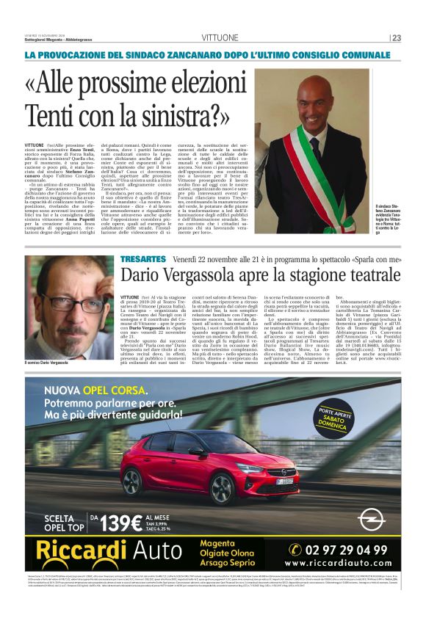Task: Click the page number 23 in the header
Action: (397, 38)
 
